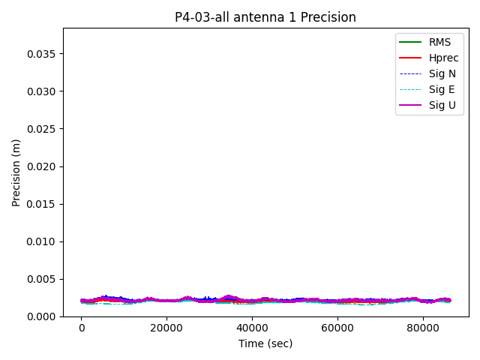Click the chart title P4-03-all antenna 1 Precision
(x=265, y=17)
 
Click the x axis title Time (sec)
(x=265, y=343)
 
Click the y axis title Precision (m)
(x=16, y=172)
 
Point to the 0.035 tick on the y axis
(x=42, y=54)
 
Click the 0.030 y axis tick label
(x=42, y=91)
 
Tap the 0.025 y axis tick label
(x=42, y=129)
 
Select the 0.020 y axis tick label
(x=42, y=166)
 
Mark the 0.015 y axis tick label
(x=42, y=204)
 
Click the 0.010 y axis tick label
(x=42, y=241)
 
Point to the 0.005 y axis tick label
(x=42, y=279)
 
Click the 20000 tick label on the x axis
(x=166, y=328)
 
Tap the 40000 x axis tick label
(x=252, y=328)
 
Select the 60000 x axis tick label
(x=337, y=328)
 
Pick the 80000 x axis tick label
(x=422, y=328)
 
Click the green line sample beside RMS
(x=410, y=42)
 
